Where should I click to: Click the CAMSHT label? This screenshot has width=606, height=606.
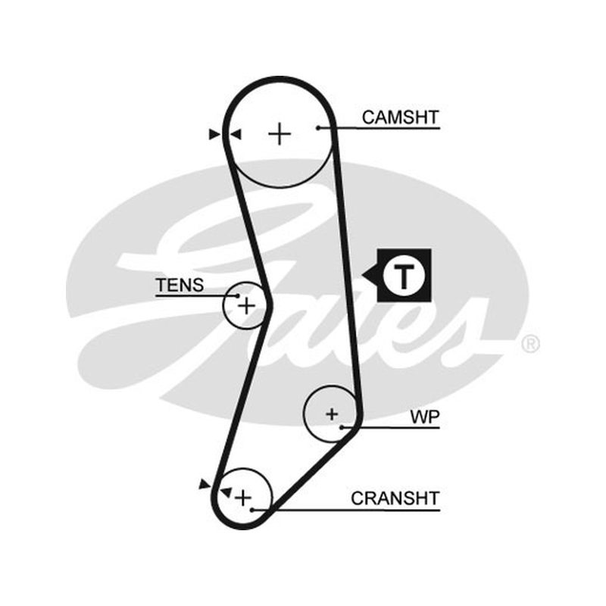(x=401, y=117)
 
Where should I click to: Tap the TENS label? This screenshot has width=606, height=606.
(x=180, y=286)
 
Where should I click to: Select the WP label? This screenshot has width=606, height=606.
(x=425, y=417)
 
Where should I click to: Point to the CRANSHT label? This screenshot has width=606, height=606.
(x=395, y=498)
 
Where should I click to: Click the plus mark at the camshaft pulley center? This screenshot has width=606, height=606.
(x=280, y=134)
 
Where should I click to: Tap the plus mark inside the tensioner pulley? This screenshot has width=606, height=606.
(x=246, y=307)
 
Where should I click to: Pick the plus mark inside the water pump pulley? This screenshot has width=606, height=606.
(x=332, y=414)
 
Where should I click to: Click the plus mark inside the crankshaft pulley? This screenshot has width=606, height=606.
(x=243, y=498)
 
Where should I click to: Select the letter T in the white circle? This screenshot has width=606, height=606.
(x=404, y=276)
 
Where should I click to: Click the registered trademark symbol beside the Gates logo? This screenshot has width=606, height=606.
(x=530, y=344)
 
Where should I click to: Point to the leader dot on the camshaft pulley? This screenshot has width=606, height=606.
(x=318, y=128)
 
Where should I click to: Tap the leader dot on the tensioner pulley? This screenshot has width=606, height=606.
(x=238, y=296)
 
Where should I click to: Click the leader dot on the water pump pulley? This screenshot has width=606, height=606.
(x=342, y=427)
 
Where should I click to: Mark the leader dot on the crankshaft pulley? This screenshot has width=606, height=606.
(x=252, y=510)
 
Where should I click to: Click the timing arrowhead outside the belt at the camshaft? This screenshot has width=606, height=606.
(x=214, y=135)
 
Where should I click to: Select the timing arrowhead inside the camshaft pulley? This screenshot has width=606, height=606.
(x=236, y=135)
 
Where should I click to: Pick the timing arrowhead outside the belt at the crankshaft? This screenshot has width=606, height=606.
(x=205, y=484)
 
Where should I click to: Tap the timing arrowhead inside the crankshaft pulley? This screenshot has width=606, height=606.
(x=226, y=492)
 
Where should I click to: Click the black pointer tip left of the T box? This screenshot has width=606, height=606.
(x=362, y=276)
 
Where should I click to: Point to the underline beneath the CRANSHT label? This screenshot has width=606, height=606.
(x=346, y=510)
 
